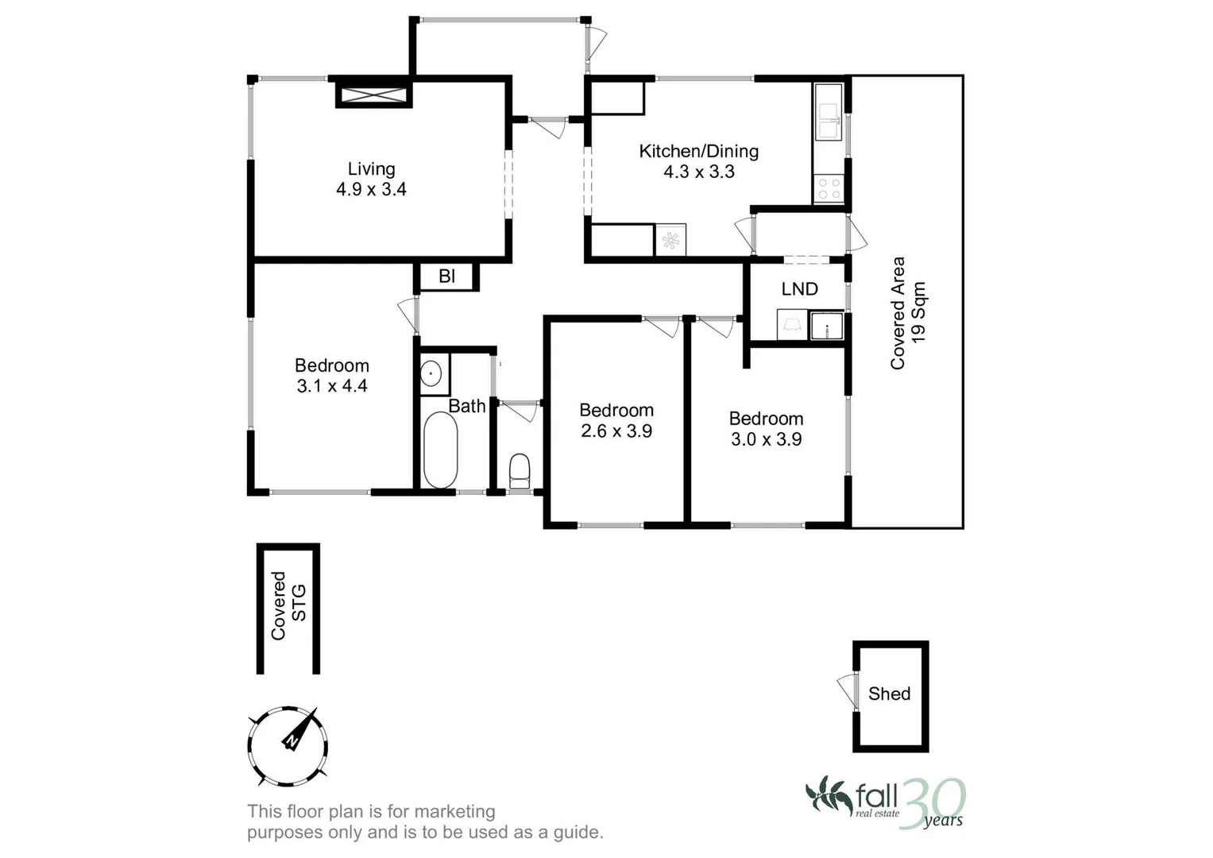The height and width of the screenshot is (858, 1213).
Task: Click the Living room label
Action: (371, 169)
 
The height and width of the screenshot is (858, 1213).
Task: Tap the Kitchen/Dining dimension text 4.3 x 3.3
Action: (699, 172)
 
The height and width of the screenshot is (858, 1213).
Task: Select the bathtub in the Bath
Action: (440, 450)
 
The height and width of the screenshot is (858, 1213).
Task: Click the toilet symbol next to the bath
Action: (519, 470)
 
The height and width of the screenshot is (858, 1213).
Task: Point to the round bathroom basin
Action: (431, 373)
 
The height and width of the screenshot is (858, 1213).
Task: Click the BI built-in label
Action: (446, 276)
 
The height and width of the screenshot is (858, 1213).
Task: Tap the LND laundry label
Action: (799, 289)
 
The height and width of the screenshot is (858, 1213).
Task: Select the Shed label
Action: (889, 694)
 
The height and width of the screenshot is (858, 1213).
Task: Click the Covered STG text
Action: (288, 605)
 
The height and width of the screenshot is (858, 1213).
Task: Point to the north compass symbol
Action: (288, 746)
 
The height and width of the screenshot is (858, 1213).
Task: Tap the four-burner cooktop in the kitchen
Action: (829, 188)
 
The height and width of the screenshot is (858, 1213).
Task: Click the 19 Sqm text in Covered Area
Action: (919, 312)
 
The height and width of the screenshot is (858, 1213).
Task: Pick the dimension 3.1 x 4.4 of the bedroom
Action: (332, 386)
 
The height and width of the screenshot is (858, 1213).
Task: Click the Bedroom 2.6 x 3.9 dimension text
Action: (616, 431)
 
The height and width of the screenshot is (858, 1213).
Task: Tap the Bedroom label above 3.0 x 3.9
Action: (766, 419)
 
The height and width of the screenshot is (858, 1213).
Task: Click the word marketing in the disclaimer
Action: (455, 812)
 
